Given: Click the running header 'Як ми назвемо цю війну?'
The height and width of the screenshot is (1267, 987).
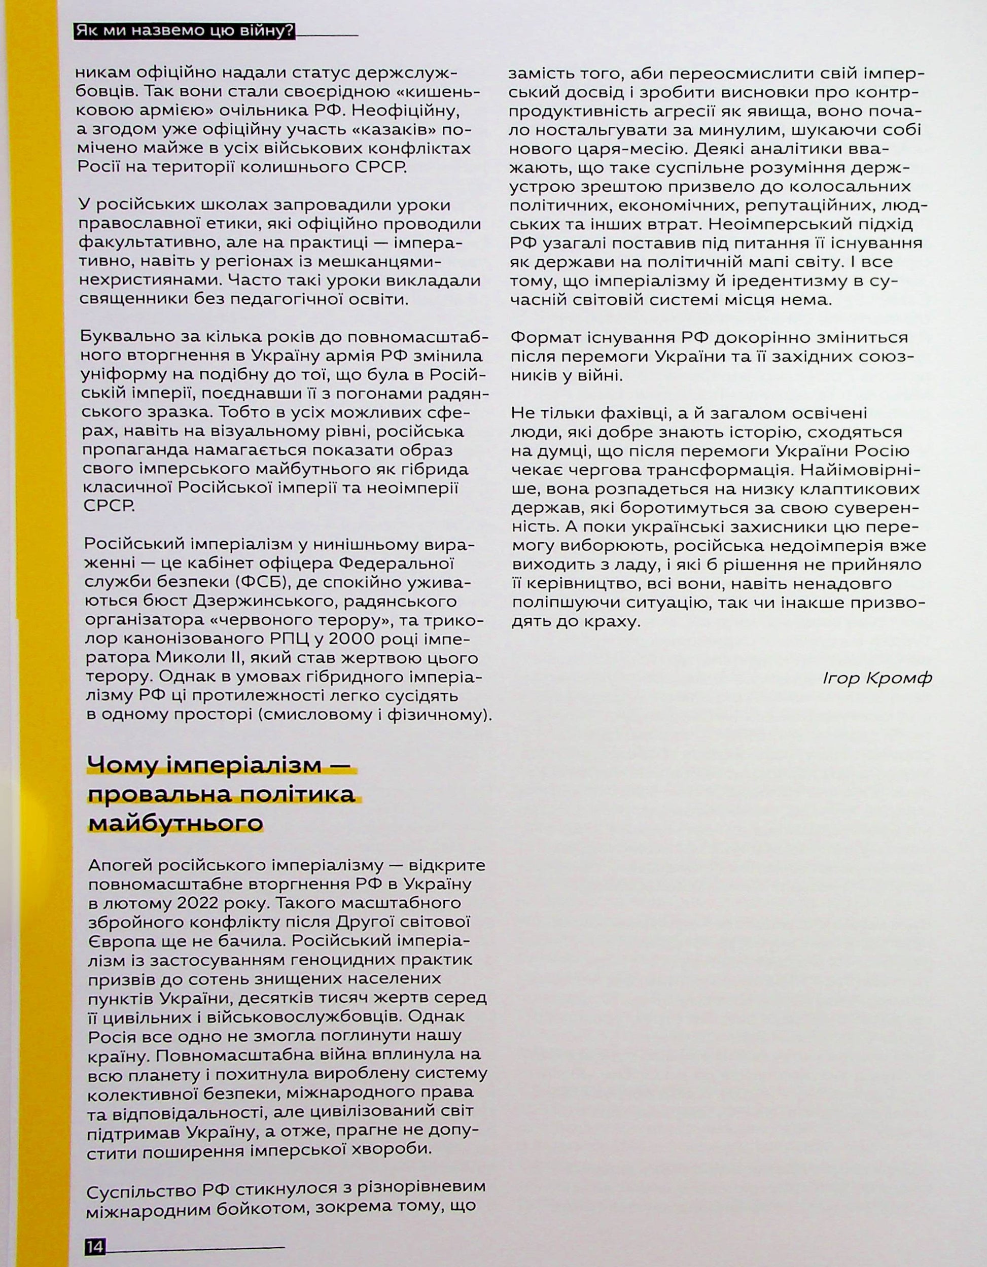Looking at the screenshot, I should point(185,31).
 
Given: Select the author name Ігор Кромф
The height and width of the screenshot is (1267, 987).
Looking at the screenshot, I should point(877,678).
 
